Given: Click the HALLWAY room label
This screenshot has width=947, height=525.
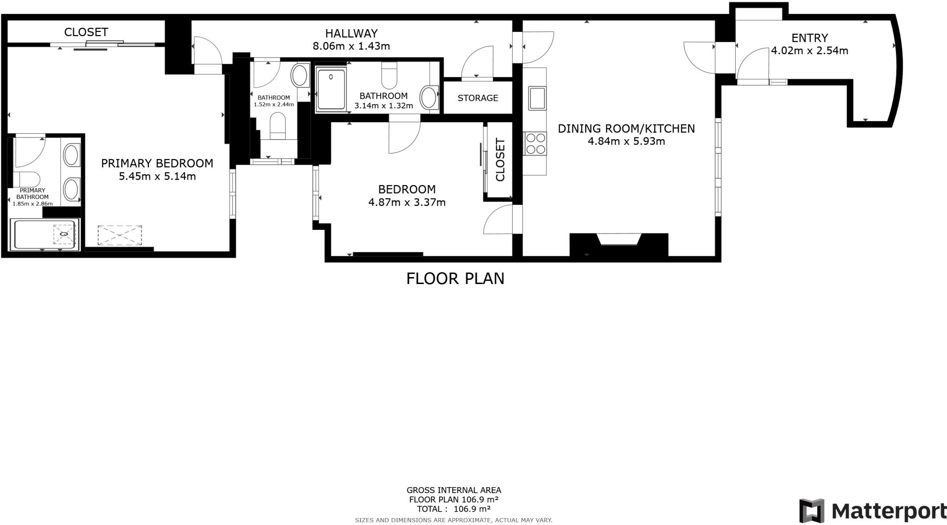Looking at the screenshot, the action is click(351, 33).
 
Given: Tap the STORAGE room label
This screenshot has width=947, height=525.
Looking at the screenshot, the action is click(478, 98).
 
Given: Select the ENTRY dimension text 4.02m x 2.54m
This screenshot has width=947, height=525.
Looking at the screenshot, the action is click(809, 50).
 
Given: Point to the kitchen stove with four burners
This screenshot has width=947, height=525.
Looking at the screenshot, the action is click(535, 143).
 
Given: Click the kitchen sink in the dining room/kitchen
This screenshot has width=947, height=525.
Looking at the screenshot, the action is click(537, 98).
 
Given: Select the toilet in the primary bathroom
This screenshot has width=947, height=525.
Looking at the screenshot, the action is click(26, 179).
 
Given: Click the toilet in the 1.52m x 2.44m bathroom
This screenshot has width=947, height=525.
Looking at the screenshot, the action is click(278, 125).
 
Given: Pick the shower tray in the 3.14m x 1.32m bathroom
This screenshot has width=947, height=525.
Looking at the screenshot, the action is click(332, 89).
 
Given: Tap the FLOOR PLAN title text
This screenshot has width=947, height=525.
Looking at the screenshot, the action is click(455, 278).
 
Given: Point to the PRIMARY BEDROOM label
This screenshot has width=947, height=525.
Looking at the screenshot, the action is click(157, 163).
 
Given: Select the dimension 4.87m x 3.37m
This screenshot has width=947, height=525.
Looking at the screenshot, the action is click(407, 202).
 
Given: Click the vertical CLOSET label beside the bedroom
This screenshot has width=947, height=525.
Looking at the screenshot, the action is click(500, 160).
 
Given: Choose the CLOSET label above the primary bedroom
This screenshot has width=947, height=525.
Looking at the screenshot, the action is click(86, 32).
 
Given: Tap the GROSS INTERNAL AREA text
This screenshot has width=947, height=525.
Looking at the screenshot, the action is click(454, 490).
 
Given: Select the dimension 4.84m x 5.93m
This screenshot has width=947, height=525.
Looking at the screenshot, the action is click(626, 141).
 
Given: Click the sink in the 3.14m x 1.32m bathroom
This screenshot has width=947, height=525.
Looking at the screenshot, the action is click(429, 98).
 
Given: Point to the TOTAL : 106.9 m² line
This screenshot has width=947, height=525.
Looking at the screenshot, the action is click(454, 509).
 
